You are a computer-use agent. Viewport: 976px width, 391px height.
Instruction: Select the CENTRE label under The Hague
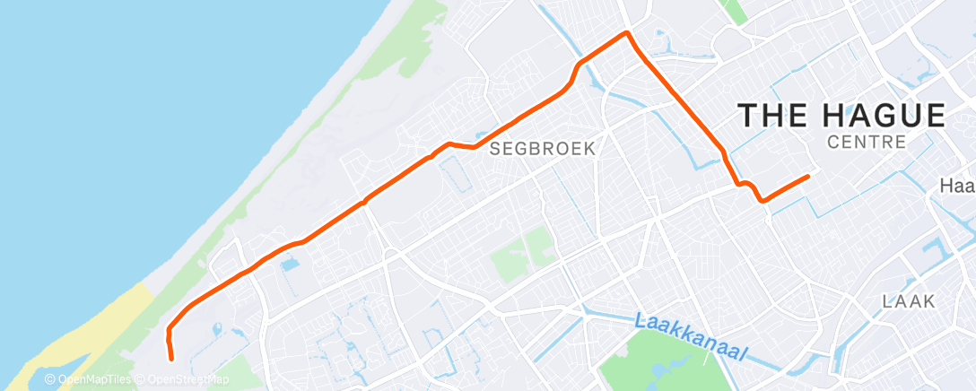click(867, 143)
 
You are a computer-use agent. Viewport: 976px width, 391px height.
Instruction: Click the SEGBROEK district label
click(543, 150)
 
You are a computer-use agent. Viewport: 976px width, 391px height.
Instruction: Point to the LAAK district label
click(908, 301)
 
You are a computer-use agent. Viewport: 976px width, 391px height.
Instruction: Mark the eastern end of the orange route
click(809, 176)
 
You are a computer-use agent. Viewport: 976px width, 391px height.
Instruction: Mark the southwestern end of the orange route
click(170, 359)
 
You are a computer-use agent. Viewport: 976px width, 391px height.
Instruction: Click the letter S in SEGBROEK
click(495, 150)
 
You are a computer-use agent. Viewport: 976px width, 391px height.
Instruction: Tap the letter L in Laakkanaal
click(640, 320)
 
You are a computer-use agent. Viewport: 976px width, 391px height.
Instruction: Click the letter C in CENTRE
click(835, 143)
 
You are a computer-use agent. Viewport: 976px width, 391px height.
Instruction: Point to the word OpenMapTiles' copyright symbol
click(50, 379)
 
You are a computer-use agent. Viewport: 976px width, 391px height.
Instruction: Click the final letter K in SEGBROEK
click(589, 150)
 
